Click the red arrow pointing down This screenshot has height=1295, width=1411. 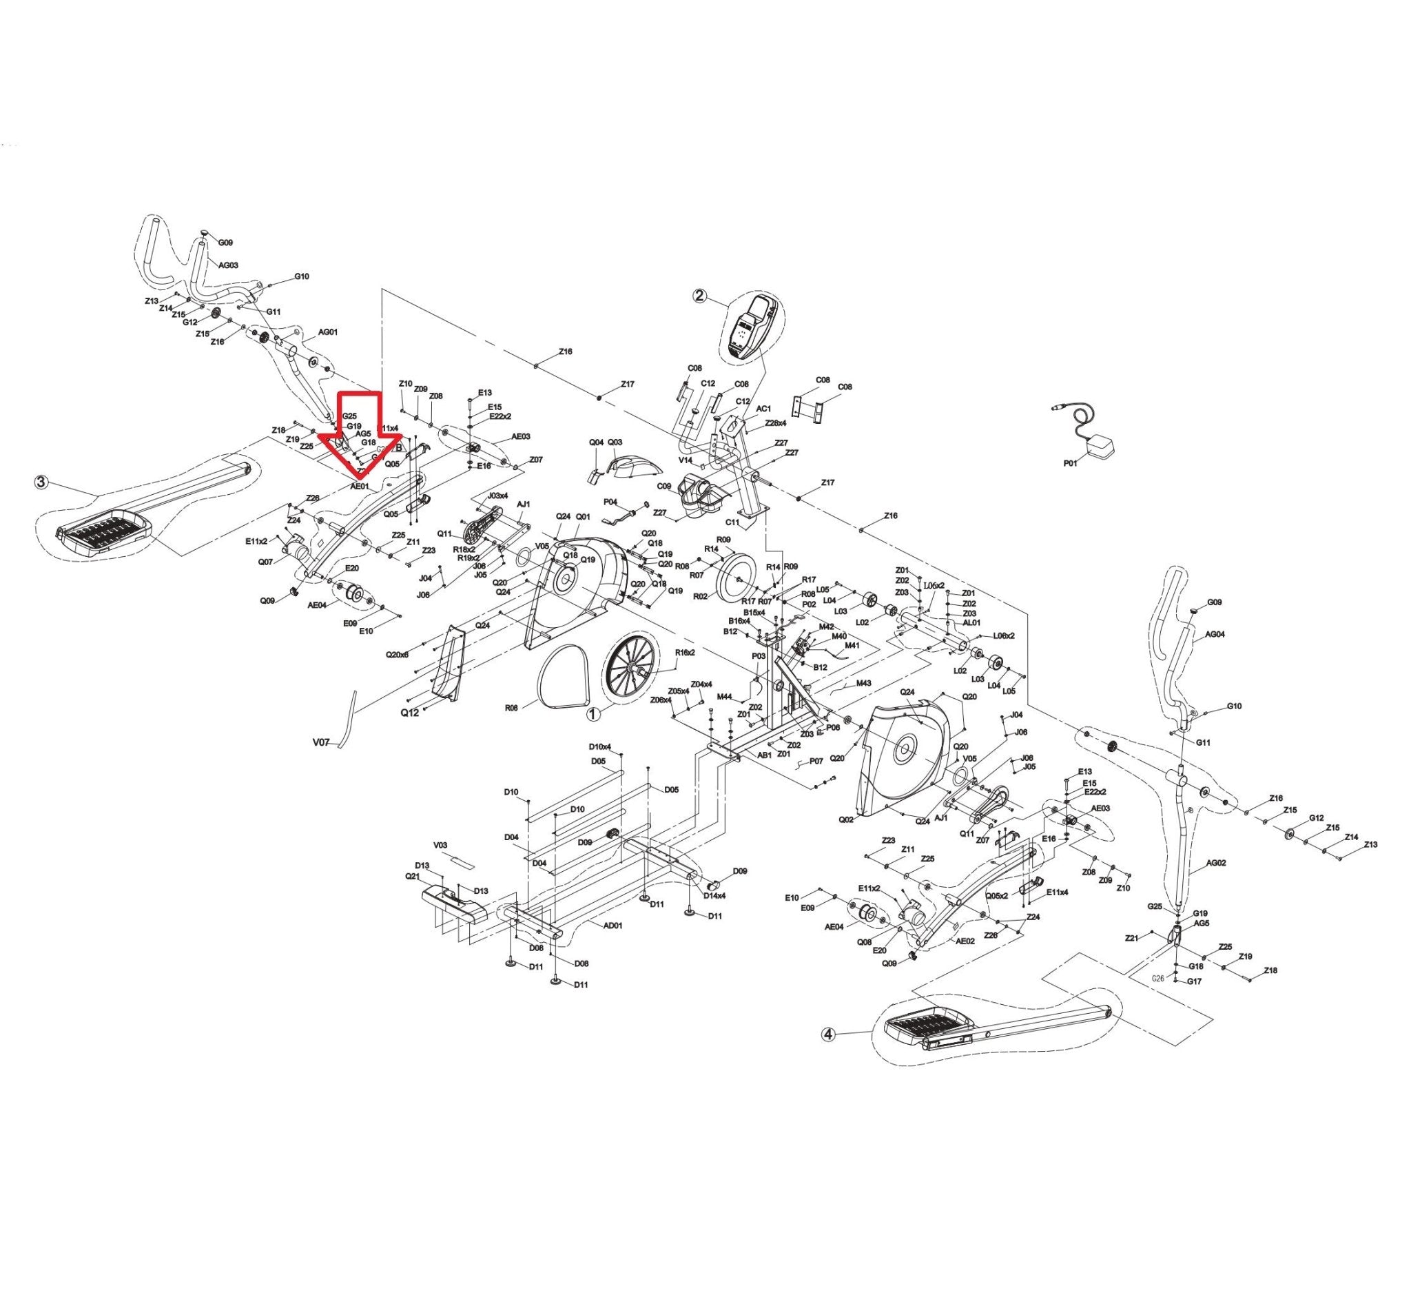(359, 434)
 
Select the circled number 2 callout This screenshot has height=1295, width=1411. (699, 296)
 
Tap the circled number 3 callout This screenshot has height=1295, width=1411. (42, 482)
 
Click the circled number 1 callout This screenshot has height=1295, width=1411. (593, 714)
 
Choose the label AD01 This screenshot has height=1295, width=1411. (613, 925)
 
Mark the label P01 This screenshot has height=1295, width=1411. (1071, 462)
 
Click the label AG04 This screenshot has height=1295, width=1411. (1215, 635)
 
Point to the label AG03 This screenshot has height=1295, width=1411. (229, 265)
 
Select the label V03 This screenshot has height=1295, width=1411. (440, 845)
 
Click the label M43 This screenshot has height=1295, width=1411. (863, 682)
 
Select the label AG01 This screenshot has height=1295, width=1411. (328, 332)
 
